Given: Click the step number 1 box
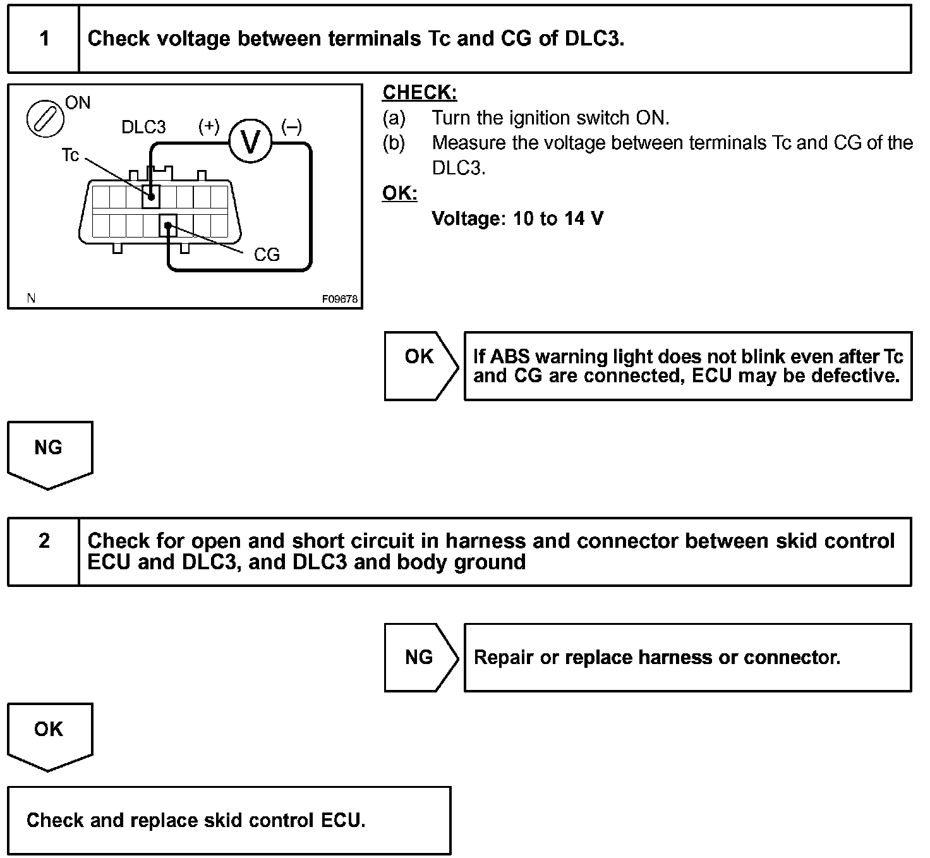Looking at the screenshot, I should pos(44,39).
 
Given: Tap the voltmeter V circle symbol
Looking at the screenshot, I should pos(250,142).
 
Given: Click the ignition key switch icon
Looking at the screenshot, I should pos(45,119).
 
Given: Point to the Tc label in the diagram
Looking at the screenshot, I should pos(70,155).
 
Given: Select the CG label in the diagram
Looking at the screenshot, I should pos(266,255).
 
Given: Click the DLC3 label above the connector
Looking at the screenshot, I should pos(143,127).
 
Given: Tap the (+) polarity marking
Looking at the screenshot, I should pos(208,126).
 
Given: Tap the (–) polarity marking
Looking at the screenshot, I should pos(291,126).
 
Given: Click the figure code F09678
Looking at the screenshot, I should pos(340,299).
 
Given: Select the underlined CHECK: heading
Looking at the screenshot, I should pos(420,93).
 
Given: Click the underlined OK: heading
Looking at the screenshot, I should pos(399,193).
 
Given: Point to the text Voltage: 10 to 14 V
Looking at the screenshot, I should pos(517,219).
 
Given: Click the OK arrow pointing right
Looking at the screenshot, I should pos(420,366).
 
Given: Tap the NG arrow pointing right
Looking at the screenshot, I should pos(420,658).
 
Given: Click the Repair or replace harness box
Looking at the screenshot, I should pos(687,658).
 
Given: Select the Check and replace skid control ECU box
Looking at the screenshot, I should pos(229,820).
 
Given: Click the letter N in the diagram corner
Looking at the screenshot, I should pos(31,298).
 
